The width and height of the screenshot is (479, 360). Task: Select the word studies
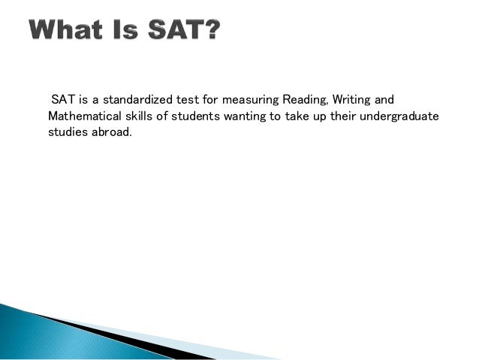[67, 132]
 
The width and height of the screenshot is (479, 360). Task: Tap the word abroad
[111, 132]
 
